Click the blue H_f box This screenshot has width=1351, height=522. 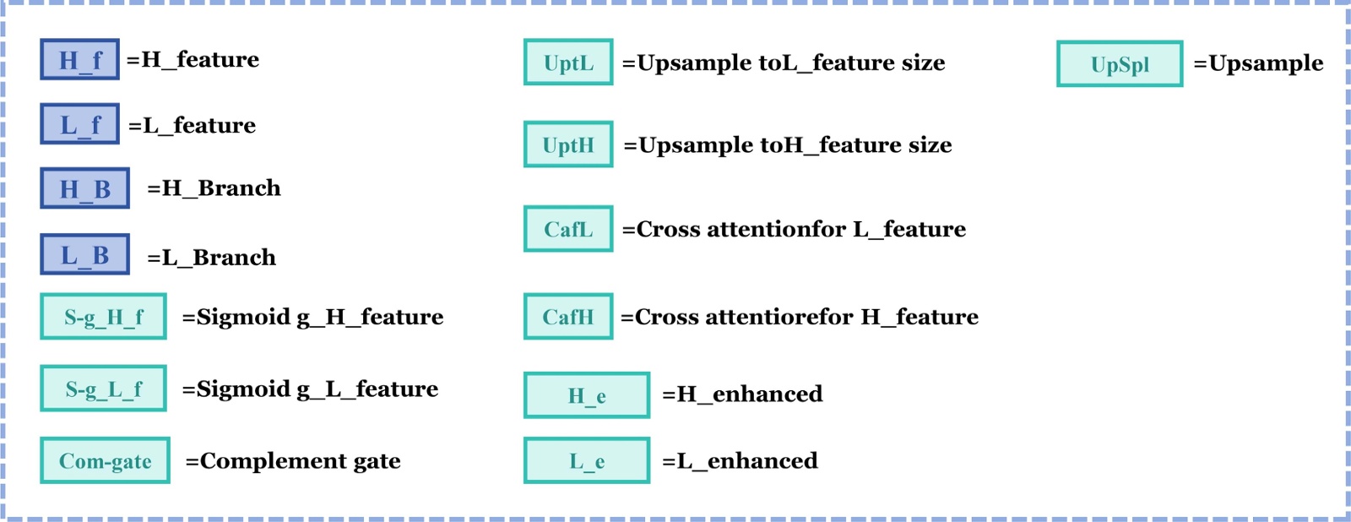coord(79,59)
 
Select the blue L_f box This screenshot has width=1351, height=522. coord(79,124)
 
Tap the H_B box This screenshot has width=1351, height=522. coord(84,188)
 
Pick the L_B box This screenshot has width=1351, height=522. coord(84,254)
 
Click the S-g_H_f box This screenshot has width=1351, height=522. coord(103,317)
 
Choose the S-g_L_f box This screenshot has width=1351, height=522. coord(103,389)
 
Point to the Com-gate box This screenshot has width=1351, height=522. coord(105,460)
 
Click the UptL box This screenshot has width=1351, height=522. coord(568,63)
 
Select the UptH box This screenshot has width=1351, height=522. coord(568,144)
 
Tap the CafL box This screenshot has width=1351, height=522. coord(568,229)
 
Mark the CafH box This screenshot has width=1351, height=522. coord(568,317)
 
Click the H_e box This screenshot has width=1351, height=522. coord(587,395)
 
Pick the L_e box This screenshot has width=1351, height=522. coord(587,460)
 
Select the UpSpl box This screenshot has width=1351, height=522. coord(1120,64)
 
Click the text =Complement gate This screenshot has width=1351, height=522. coord(293,461)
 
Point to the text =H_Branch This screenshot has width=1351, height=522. coord(214,188)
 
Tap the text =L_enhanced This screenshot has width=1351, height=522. coord(740,460)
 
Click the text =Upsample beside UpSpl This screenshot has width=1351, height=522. coord(1258,63)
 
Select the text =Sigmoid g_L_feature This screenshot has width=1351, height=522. coord(310,389)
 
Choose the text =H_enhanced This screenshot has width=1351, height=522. coord(742,394)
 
